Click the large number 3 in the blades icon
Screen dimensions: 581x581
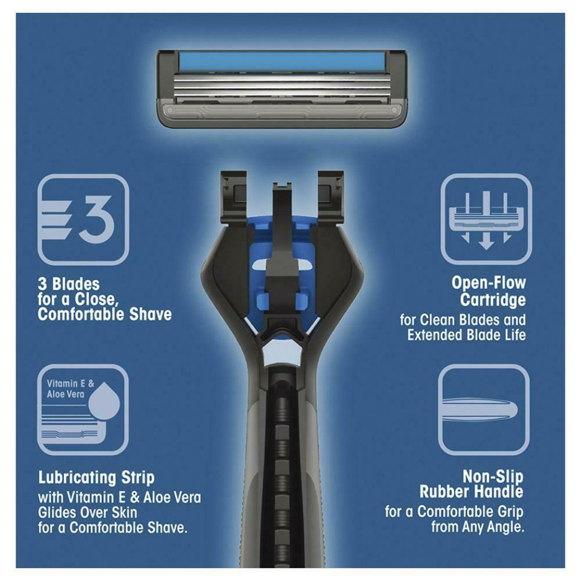tap(97, 219)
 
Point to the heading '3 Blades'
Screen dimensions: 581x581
tap(69, 284)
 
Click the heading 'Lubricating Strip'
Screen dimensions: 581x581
tap(96, 477)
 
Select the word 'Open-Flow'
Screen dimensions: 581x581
tap(489, 283)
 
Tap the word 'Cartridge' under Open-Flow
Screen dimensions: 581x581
tap(492, 300)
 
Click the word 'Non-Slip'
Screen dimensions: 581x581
tap(493, 476)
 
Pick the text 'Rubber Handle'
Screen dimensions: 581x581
tap(471, 492)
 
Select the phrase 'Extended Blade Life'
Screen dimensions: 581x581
tap(466, 335)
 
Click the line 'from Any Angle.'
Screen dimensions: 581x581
tap(477, 527)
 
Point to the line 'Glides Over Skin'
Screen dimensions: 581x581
tap(88, 512)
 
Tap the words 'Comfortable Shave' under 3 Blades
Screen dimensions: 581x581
tap(105, 315)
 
